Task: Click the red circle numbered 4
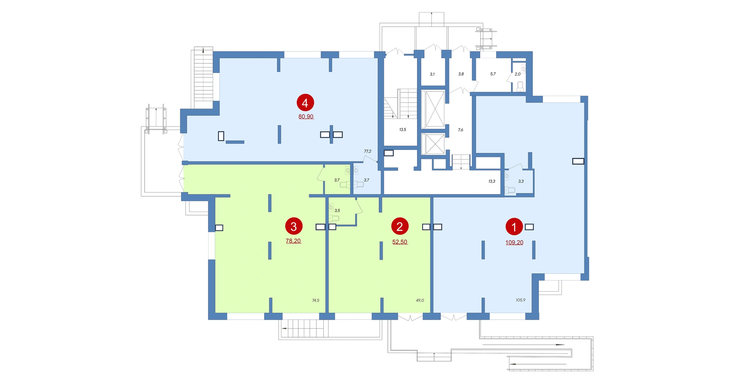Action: (x=305, y=103)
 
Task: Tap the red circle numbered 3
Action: (x=294, y=226)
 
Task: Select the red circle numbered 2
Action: (x=400, y=226)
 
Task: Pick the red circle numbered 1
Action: (x=514, y=227)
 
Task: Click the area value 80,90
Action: (x=306, y=116)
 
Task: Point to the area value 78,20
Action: (x=293, y=241)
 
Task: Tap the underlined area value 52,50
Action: (x=400, y=242)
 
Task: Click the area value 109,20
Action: (x=515, y=242)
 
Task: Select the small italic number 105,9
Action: (x=521, y=300)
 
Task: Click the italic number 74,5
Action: (x=316, y=300)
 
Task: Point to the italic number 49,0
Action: (x=420, y=300)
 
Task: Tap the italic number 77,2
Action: (x=367, y=151)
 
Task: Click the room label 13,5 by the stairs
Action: (x=403, y=130)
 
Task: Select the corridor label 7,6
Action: (x=461, y=130)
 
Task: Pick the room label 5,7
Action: (x=493, y=74)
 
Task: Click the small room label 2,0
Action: (x=518, y=74)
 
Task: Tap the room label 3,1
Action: (x=432, y=74)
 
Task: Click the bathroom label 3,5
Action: (x=337, y=210)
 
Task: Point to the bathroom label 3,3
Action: (x=521, y=181)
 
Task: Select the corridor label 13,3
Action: (x=492, y=181)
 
